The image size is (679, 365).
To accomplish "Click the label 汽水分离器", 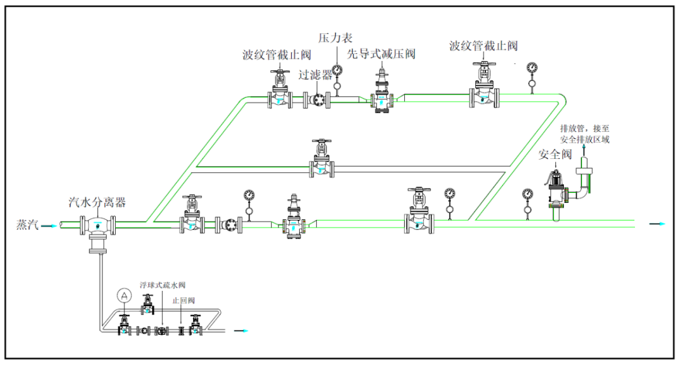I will [x=97, y=202].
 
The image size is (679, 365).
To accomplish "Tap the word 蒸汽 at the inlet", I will [x=27, y=224].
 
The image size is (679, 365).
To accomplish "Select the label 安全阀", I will [x=555, y=155].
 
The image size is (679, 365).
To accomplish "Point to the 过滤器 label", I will [x=315, y=75].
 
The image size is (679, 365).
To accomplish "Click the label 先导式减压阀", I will [x=382, y=54].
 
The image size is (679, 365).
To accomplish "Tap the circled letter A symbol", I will [x=124, y=295].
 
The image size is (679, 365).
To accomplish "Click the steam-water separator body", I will [x=97, y=226].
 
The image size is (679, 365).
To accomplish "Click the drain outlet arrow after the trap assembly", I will [x=241, y=330].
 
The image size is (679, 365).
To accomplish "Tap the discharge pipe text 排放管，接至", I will [x=584, y=128].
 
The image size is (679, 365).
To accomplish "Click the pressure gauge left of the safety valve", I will [x=527, y=195].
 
